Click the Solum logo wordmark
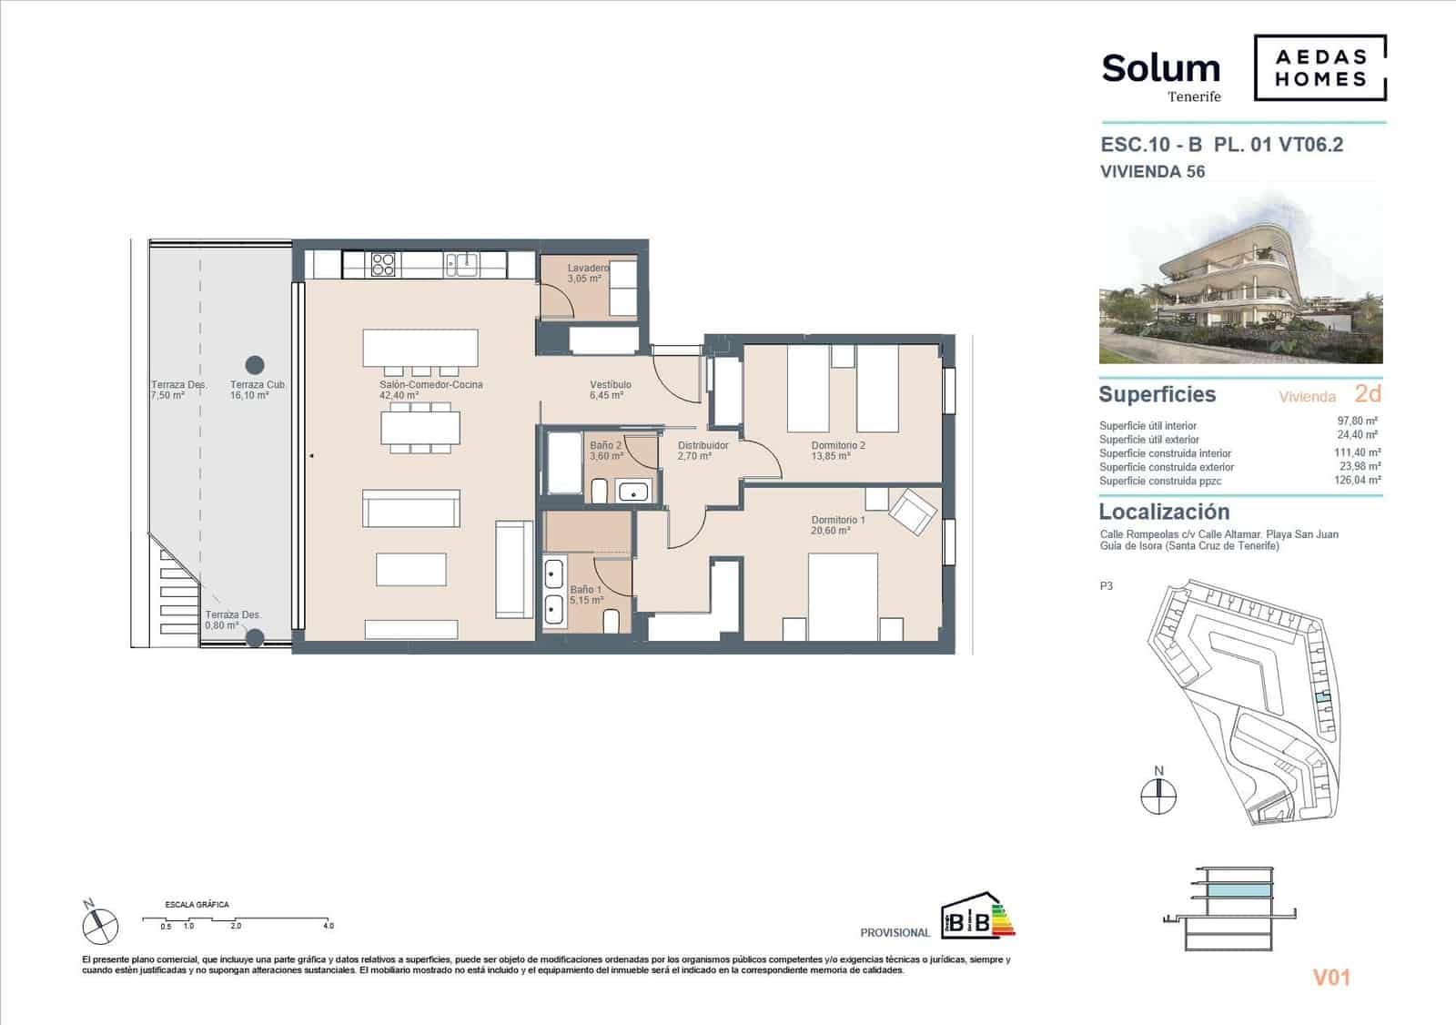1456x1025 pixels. click(x=1160, y=68)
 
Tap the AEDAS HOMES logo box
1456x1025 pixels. click(x=1320, y=67)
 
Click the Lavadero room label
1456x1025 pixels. click(x=588, y=269)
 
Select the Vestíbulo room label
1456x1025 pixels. click(x=610, y=385)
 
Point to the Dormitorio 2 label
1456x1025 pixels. click(x=838, y=445)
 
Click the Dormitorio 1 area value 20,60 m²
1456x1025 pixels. click(x=831, y=531)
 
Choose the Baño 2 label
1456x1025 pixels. click(x=605, y=445)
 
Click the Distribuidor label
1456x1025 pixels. click(x=703, y=445)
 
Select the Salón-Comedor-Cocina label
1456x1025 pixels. click(x=431, y=385)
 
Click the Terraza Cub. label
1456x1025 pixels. click(x=258, y=385)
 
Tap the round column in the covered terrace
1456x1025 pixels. click(x=256, y=365)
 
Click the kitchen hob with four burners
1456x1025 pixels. click(x=383, y=264)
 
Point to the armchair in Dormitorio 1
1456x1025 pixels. click(x=913, y=511)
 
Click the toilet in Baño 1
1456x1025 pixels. click(x=612, y=623)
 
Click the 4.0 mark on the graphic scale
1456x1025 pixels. click(x=328, y=926)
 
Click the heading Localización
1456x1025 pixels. click(x=1164, y=512)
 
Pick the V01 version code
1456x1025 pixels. click(x=1330, y=978)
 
